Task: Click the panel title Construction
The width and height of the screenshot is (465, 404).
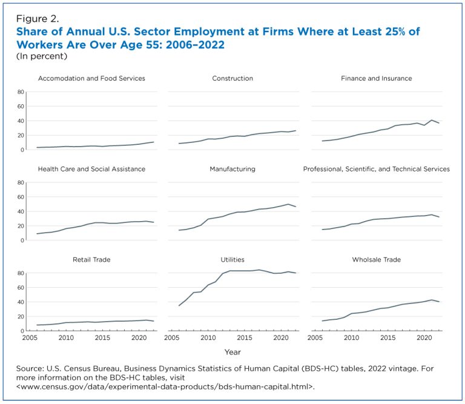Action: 232,78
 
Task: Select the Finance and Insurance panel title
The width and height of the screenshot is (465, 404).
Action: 377,78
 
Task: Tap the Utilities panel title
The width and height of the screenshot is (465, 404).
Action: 232,260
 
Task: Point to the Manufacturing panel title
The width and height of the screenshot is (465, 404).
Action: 232,169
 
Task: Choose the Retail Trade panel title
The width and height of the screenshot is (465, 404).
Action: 91,260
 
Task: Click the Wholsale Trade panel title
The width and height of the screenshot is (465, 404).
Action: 377,260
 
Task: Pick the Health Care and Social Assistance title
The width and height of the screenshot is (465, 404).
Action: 91,169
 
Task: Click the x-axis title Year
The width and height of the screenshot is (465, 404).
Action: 232,352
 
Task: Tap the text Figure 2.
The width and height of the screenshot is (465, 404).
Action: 38,19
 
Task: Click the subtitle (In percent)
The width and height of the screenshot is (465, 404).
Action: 42,56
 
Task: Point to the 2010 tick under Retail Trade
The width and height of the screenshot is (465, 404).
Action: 66,337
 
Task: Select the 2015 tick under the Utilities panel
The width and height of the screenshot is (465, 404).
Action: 245,337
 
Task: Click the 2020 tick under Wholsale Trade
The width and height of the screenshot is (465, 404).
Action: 424,337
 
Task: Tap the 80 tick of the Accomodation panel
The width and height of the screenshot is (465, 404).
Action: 21,92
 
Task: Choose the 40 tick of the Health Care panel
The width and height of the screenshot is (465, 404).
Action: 21,211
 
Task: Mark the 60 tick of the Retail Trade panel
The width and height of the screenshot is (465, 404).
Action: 21,288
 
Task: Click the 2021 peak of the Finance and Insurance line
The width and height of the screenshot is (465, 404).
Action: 432,120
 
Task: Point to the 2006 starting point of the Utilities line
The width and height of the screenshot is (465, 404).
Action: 179,305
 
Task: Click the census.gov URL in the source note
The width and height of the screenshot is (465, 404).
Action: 165,387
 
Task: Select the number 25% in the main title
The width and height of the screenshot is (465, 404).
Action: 393,31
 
